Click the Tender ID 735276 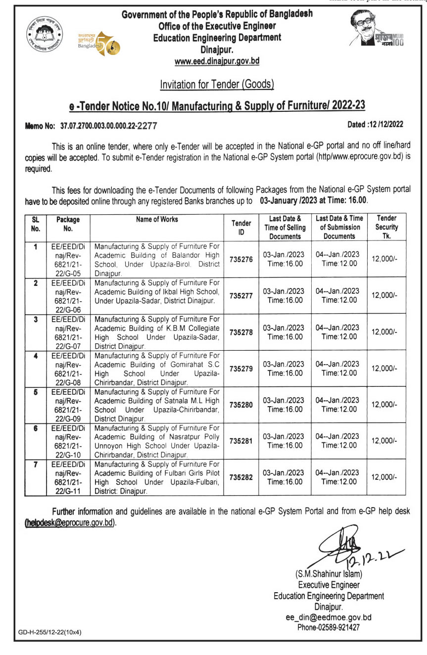[x=241, y=259]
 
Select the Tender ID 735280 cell [x=241, y=405]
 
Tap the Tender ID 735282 [x=241, y=477]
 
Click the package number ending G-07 [x=68, y=332]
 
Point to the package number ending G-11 [x=68, y=477]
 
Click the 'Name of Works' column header [x=157, y=219]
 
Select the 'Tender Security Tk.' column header [x=386, y=227]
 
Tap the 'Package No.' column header [x=68, y=224]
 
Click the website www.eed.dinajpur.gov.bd [x=217, y=61]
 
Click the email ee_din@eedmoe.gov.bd [x=328, y=617]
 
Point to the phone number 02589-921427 [x=328, y=627]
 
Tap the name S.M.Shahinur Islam [x=329, y=574]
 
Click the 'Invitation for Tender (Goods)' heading [x=217, y=85]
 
